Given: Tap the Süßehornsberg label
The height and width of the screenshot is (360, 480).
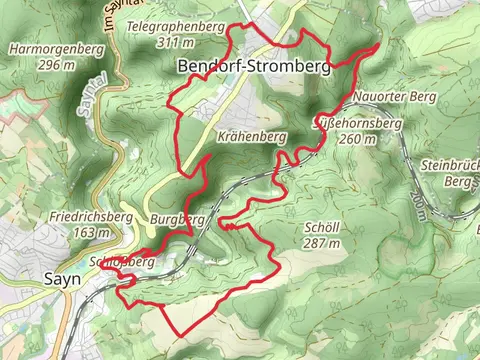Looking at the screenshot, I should click(x=358, y=124).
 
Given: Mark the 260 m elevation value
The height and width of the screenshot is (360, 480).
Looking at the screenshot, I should click(x=358, y=140).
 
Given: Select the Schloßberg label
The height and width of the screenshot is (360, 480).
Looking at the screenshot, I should click(x=124, y=261).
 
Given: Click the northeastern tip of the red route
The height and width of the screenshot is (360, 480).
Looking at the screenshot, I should click(x=380, y=44).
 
